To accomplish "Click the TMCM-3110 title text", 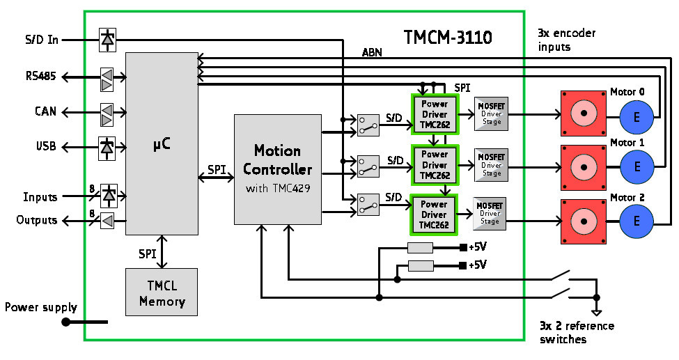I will point(448,37).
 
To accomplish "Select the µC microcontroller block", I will point(162,143).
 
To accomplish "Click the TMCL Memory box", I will point(162,294).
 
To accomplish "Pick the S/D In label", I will point(42,40).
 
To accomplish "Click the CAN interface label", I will point(45,111).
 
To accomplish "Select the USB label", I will point(45,147).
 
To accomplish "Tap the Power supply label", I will point(40,307).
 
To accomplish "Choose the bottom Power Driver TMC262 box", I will point(434,214).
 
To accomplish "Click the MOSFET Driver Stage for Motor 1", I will point(492,165).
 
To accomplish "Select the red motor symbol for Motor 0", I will point(584,113).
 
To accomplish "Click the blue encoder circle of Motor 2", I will point(636,221).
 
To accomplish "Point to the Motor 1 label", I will point(627,142).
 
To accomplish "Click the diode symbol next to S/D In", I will point(107,40).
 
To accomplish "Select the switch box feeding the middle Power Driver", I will point(368,166).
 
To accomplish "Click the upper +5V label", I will point(478,247).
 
